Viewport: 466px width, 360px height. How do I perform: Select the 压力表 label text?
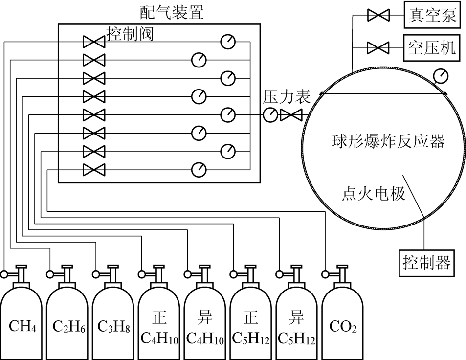click(287, 96)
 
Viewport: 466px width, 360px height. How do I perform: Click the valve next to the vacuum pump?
click(377, 16)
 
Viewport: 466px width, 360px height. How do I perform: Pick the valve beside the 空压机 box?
click(377, 47)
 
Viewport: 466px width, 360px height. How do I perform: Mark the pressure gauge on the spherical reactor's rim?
click(442, 75)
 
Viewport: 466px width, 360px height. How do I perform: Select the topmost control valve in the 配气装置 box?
click(93, 42)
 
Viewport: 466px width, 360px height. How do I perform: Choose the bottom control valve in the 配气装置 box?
click(93, 170)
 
